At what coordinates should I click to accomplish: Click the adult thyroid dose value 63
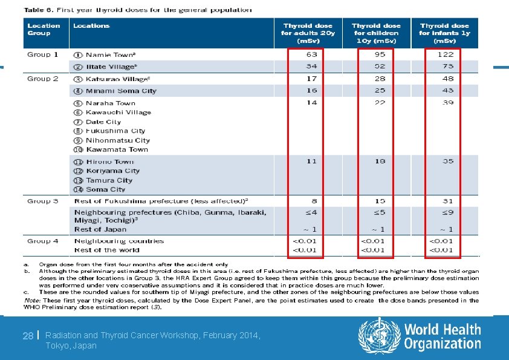point(311,54)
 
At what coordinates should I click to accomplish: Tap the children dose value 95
point(380,54)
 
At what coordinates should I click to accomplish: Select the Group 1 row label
point(42,54)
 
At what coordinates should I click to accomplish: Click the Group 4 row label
point(42,241)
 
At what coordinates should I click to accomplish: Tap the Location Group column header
point(44,29)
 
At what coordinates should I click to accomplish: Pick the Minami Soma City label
point(121,91)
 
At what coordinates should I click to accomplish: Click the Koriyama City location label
point(112,171)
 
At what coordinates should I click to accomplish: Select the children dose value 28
point(380,79)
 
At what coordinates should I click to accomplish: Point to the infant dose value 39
point(447,103)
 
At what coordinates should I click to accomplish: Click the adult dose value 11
point(311,162)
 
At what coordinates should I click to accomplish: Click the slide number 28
point(27,335)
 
